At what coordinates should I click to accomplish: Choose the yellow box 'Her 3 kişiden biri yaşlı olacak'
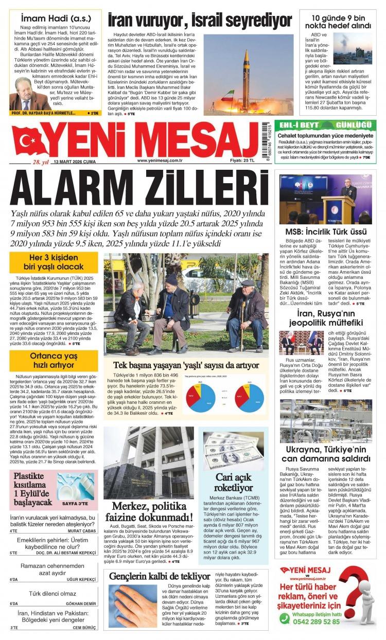click(54, 262)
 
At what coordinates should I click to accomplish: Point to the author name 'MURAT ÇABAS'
click(82, 530)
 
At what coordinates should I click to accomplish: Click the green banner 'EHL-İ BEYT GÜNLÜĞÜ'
click(325, 126)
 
